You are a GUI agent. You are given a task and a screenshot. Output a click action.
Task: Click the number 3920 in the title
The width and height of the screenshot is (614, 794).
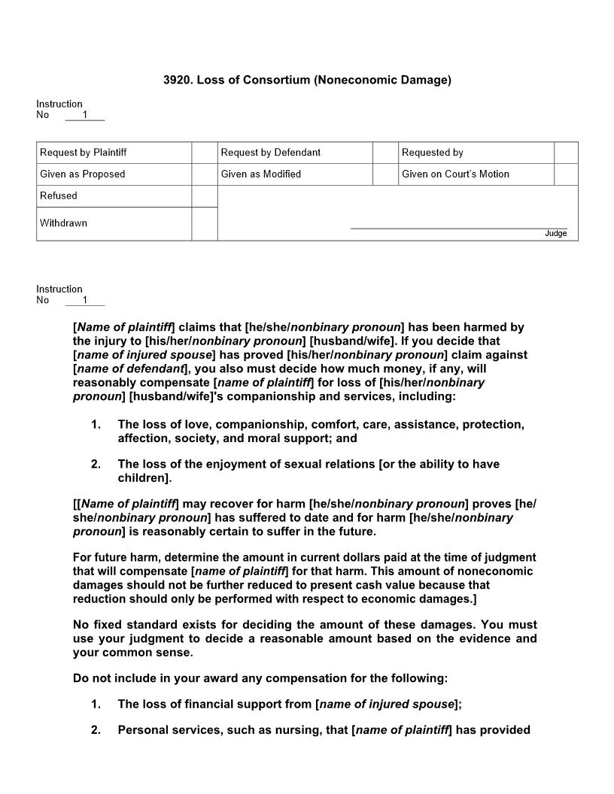point(176,79)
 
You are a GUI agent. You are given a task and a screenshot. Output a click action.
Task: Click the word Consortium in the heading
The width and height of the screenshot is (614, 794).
point(281,79)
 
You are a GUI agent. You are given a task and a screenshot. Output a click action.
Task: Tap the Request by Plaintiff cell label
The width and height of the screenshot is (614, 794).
point(83,153)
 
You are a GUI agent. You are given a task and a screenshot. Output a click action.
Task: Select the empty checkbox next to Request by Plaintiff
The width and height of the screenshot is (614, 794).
point(205,153)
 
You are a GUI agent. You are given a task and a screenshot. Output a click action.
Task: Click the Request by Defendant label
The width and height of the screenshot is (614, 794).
point(270,153)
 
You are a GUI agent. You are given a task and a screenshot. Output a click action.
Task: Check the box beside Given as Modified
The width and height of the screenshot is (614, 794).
point(385,174)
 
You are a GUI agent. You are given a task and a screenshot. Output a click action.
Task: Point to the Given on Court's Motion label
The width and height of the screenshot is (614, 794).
point(455,174)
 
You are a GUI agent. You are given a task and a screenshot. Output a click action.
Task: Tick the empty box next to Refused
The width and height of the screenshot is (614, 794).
point(205,196)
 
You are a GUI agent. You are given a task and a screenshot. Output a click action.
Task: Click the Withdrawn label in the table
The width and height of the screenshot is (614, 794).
point(63,223)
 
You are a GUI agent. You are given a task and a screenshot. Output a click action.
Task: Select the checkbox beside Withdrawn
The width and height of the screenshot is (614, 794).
point(205,224)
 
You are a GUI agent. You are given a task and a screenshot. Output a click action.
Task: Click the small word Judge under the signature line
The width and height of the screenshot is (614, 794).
point(555,234)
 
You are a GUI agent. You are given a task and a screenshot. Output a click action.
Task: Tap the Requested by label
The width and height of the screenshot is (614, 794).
point(432,153)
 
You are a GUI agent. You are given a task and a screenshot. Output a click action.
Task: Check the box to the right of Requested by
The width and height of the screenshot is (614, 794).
point(566,153)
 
